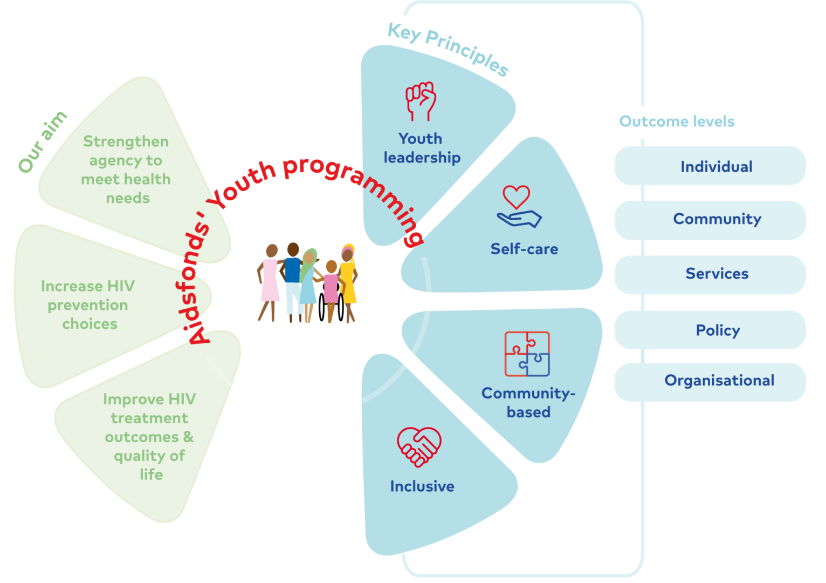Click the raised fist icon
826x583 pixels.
pyautogui.click(x=421, y=101)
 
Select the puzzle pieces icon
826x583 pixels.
pyautogui.click(x=527, y=354)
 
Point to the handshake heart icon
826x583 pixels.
pyautogui.click(x=419, y=446)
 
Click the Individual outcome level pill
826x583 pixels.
pyautogui.click(x=710, y=166)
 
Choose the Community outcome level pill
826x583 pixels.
pyautogui.click(x=710, y=219)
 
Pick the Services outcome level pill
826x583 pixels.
pyautogui.click(x=710, y=274)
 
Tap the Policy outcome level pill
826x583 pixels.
pyautogui.click(x=710, y=330)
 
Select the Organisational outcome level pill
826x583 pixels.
pyautogui.click(x=710, y=381)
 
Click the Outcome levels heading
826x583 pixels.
pyautogui.click(x=677, y=121)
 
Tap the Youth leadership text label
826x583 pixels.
pyautogui.click(x=422, y=148)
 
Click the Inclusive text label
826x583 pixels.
pyautogui.click(x=422, y=486)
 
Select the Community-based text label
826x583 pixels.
pyautogui.click(x=528, y=403)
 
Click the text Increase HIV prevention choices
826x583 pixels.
pyautogui.click(x=88, y=305)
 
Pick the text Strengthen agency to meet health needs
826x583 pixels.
pyautogui.click(x=126, y=170)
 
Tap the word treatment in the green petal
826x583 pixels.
pyautogui.click(x=149, y=418)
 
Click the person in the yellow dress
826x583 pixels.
pyautogui.click(x=348, y=281)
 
